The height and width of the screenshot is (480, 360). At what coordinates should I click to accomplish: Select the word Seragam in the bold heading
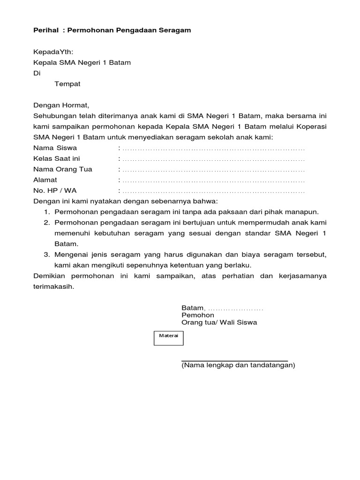tap(173, 30)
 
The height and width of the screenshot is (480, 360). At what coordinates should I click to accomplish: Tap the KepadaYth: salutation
tap(53, 52)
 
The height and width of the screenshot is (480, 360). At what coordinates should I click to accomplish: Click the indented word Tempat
tap(67, 84)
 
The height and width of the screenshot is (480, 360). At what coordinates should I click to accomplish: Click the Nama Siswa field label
tap(55, 148)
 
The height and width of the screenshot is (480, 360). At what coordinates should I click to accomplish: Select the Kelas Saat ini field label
tap(57, 159)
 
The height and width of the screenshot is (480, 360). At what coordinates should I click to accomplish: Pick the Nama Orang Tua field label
tap(63, 170)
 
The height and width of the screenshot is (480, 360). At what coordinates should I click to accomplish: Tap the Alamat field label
tap(45, 180)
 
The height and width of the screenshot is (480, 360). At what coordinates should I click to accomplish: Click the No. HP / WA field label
tap(54, 191)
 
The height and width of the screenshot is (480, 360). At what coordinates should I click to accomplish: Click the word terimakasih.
tap(53, 286)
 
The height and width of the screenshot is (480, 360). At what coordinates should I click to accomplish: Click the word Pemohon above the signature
tap(198, 315)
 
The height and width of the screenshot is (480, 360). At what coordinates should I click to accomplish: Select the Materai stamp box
tap(169, 337)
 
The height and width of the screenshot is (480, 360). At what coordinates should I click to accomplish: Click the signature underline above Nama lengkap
tap(234, 360)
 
